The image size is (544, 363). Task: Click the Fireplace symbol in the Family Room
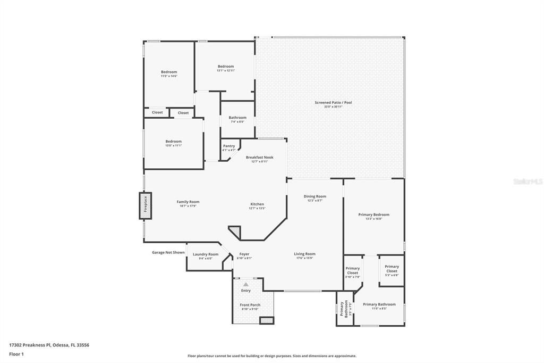point(145,205)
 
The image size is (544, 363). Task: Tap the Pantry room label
point(229,146)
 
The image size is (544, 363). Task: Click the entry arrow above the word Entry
point(245,285)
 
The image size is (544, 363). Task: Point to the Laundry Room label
point(206,254)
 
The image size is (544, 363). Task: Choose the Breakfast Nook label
point(259,157)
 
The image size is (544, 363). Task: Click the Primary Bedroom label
point(373,214)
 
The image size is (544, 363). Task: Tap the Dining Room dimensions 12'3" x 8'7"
point(314,201)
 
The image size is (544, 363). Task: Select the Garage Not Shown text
point(168,252)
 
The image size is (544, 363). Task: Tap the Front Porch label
point(250,305)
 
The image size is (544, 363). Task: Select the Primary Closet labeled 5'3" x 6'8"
point(392,269)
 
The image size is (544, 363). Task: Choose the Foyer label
point(244,254)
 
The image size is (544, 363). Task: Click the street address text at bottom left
point(49,345)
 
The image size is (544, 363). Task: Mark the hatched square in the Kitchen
point(234,232)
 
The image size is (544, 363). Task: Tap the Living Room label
point(305,254)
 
